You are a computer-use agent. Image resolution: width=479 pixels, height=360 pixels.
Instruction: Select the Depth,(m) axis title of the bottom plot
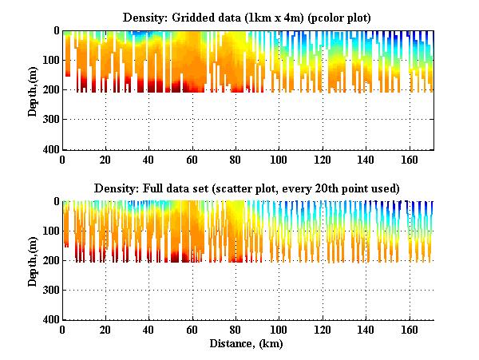(x=34, y=260)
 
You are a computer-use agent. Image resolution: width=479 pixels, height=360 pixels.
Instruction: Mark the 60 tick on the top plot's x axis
(x=192, y=160)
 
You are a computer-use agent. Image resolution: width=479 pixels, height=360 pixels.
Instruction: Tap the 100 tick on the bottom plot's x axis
(x=279, y=330)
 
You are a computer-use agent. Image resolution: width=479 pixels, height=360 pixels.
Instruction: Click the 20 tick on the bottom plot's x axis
(x=106, y=330)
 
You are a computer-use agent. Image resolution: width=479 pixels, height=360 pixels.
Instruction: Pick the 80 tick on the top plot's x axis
(x=236, y=160)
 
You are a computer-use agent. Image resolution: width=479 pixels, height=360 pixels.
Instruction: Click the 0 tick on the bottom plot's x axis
(x=63, y=330)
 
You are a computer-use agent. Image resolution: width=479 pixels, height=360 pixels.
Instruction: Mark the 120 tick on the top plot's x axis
(x=323, y=160)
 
